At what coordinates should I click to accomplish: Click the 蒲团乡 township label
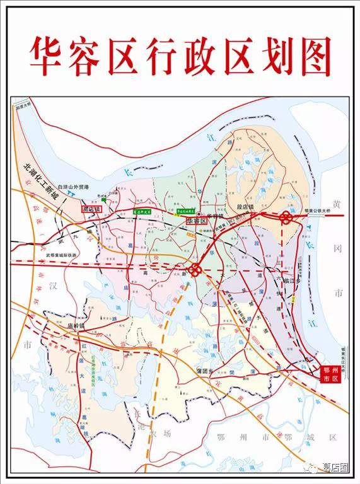tap(207, 371)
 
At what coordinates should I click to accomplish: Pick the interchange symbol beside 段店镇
tap(285, 217)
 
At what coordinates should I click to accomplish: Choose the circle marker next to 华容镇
tap(199, 215)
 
